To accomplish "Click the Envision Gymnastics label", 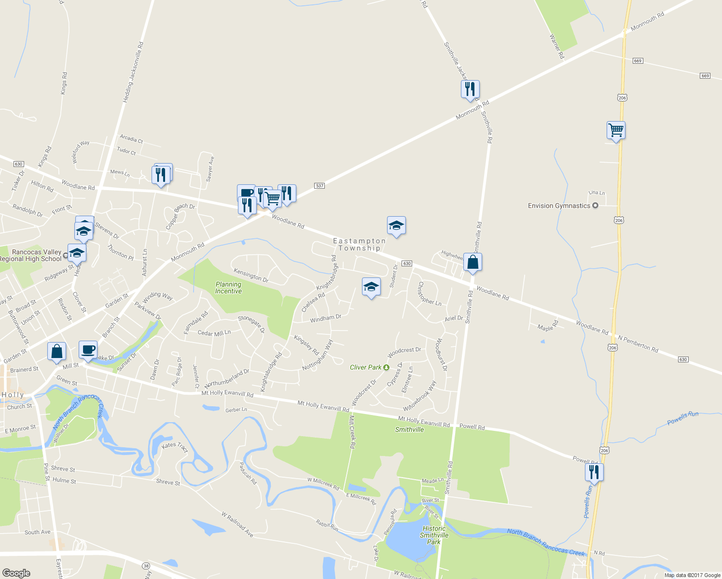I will coord(559,206).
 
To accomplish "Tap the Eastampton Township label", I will coord(359,245).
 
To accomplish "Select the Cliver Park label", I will coord(365,367).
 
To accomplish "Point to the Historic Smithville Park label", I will coord(434,535).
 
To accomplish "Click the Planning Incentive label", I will coord(228,288).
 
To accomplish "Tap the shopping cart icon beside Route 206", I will coord(616,130).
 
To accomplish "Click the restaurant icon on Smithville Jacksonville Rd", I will coord(470,89).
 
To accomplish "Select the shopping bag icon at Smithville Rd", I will coord(472,262).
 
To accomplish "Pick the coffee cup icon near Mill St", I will coord(87,350).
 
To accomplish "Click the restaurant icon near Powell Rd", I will coord(594,471).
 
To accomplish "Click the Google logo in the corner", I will coord(16,573).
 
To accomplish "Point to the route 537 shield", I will coord(319,186).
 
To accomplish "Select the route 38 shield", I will coord(146,565).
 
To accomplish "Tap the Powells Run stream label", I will coord(682,418).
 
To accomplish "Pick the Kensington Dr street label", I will coord(251,276).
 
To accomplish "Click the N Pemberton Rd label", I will coord(638,344).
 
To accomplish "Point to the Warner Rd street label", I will coord(556,46).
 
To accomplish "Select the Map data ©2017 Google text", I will coord(692,575).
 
